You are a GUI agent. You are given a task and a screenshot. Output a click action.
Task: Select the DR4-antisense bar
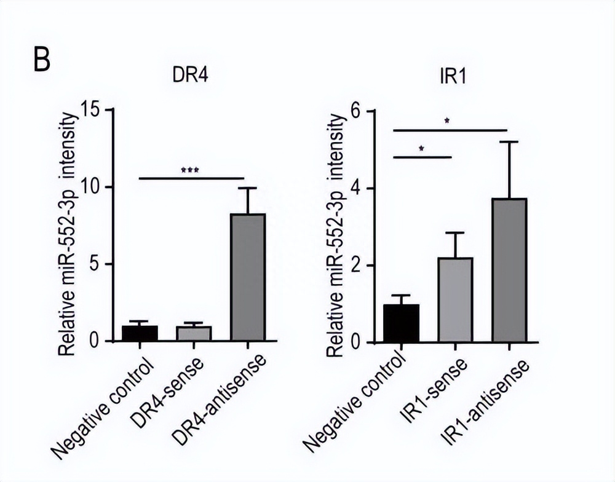pos(247,277)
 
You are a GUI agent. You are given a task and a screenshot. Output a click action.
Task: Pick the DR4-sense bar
pos(194,334)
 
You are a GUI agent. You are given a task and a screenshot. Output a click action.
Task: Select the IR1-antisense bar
pos(509,271)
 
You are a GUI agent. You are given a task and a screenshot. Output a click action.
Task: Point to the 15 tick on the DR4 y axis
pos(95,111)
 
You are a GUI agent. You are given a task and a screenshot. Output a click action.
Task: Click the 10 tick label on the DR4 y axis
pos(95,188)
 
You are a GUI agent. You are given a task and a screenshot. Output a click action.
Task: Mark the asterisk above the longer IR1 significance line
pos(447,122)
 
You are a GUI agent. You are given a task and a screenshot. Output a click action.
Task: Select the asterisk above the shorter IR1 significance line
pos(421,149)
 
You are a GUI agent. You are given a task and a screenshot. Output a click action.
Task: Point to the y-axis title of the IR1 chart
pos(336,237)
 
